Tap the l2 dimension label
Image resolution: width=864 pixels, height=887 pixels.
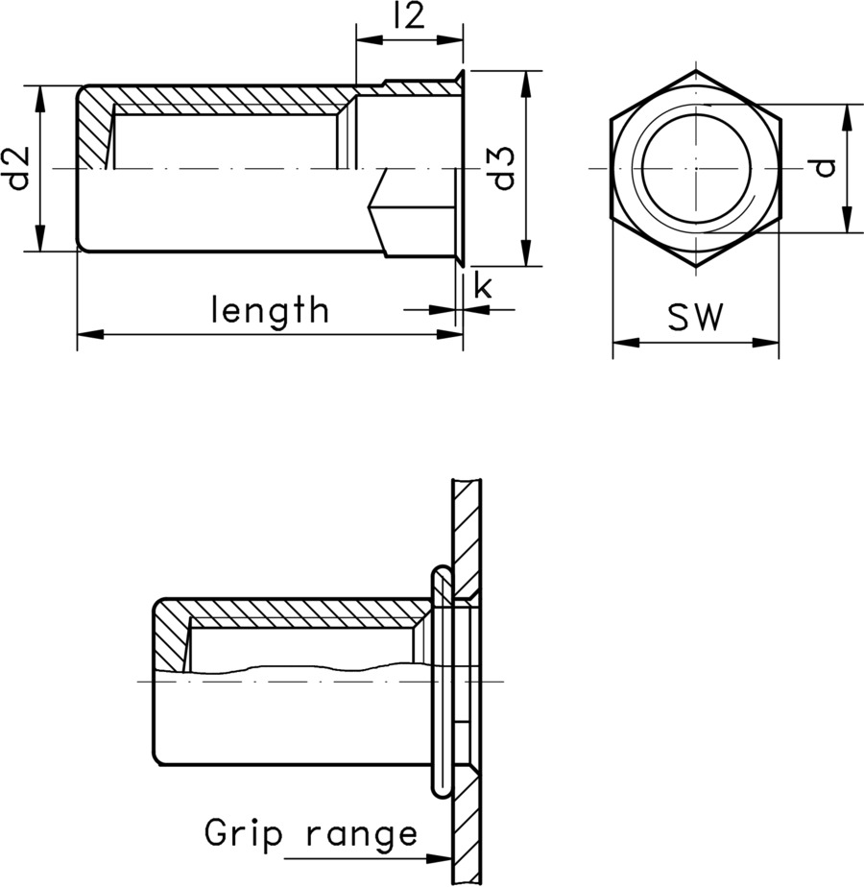point(409,18)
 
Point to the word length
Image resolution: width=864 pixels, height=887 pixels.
point(270,310)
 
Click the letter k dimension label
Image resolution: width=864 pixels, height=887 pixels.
point(483,285)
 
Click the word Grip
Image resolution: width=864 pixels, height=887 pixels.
point(244,833)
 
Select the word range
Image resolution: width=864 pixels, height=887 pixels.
point(362,835)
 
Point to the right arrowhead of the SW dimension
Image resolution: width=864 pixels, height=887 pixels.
point(768,341)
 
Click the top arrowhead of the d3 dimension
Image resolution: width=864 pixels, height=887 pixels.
point(525,80)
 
